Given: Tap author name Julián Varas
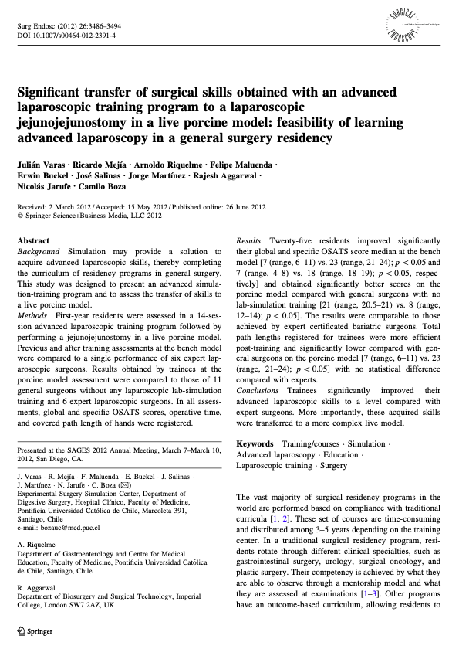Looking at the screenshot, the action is click(x=42, y=167).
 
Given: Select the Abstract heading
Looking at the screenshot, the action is click(x=33, y=241).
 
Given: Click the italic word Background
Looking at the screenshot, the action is click(x=39, y=252).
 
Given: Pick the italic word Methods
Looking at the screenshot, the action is click(x=33, y=317).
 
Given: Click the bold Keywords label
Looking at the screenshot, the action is click(x=255, y=444).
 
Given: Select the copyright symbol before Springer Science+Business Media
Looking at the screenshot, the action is click(x=20, y=216).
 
